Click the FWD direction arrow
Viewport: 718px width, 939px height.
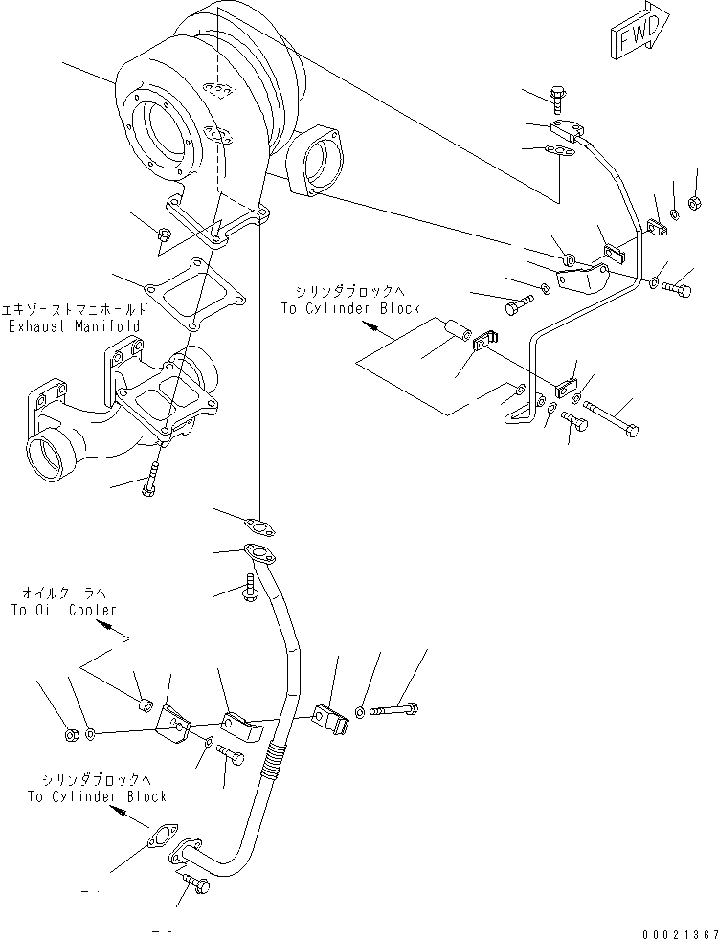[x=639, y=32]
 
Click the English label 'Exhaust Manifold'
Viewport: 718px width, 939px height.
[x=75, y=326]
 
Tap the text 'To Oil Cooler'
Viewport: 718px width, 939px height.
[x=63, y=611]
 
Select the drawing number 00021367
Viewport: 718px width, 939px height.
[x=680, y=934]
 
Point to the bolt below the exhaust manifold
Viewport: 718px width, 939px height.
[x=149, y=481]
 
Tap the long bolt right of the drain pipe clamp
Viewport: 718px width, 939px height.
[x=393, y=709]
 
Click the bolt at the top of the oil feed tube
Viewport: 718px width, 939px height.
[x=557, y=100]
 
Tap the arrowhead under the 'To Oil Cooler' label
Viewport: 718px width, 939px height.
[x=103, y=625]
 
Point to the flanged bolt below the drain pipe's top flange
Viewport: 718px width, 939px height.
[x=250, y=588]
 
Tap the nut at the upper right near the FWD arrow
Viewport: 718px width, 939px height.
[x=695, y=202]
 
